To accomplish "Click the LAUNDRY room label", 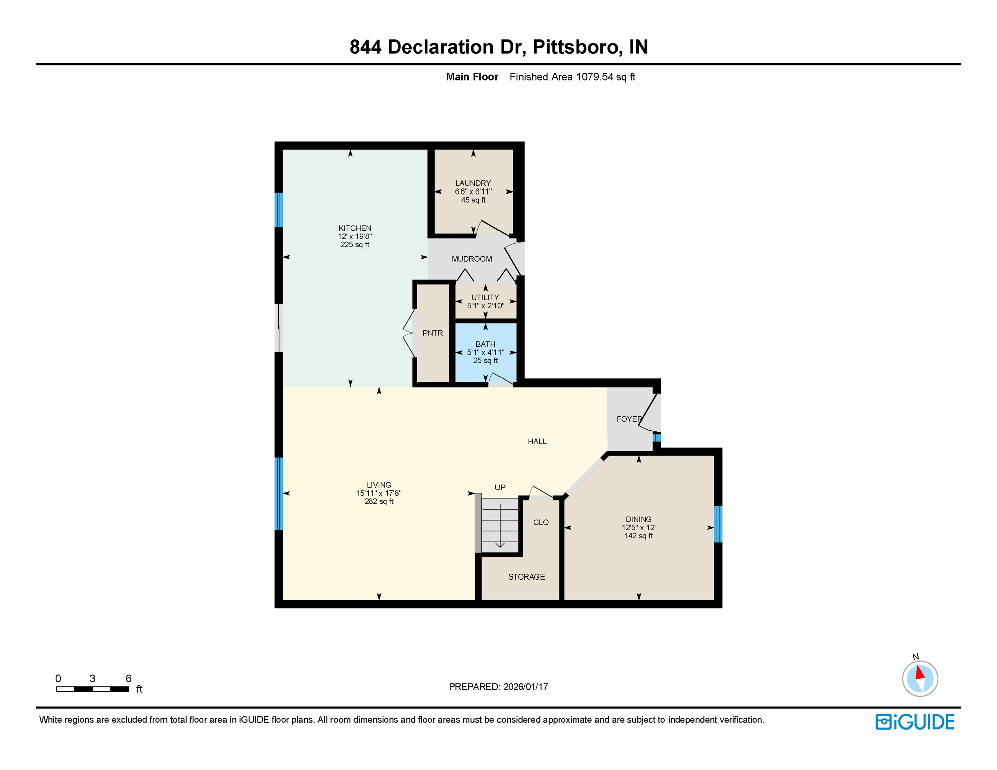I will (x=473, y=183).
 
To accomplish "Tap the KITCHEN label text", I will (x=355, y=228).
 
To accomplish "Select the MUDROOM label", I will (x=471, y=259).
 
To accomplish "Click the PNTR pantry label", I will (x=432, y=333).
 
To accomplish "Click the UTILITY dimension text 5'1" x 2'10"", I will (x=485, y=305).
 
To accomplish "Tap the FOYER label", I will (x=629, y=419).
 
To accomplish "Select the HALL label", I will (x=537, y=441).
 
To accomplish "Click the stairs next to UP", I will (x=500, y=524).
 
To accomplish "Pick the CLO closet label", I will (x=540, y=522).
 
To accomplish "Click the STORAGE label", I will (x=526, y=576).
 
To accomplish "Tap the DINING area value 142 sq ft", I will (x=638, y=536).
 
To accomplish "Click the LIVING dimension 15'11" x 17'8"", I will (x=379, y=493).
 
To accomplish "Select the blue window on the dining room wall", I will (x=718, y=524).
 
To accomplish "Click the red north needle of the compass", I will (x=920, y=672).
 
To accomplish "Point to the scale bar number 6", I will (x=128, y=678).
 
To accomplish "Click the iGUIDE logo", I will (x=915, y=722).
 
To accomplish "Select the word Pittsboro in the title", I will (x=575, y=47).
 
